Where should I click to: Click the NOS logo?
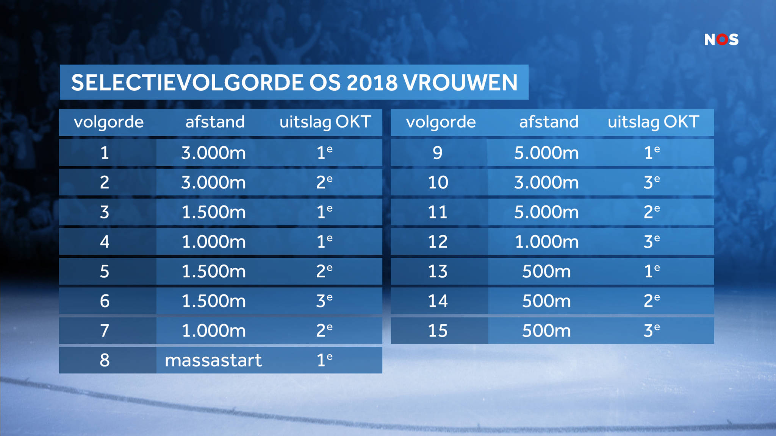721,39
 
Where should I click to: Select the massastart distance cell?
213,360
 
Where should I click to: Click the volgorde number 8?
105,360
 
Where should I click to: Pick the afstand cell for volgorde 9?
546,153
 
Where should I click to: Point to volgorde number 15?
438,331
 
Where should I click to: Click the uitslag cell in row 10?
652,182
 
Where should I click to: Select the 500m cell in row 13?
546,271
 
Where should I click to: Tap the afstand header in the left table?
215,122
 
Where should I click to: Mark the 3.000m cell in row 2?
213,182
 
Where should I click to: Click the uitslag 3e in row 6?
324,301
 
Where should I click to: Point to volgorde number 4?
105,242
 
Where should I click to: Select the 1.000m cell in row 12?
546,242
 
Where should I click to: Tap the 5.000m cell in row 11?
546,212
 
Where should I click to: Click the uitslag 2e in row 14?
652,301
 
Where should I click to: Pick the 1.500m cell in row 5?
213,271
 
